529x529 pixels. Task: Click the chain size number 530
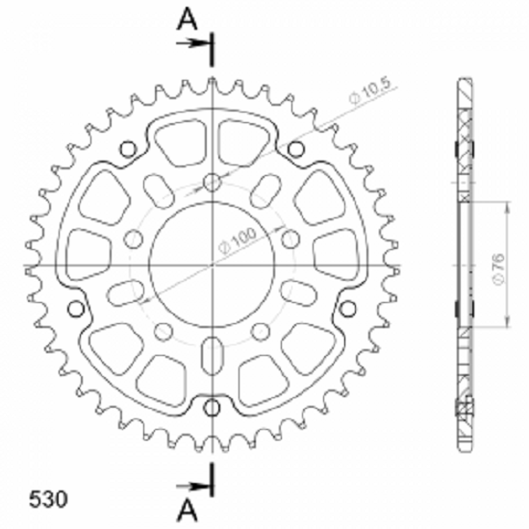coord(48,499)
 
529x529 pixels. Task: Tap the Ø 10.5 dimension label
coord(369,90)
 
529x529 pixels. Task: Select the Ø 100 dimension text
coord(238,239)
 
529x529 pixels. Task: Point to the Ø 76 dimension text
coord(499,269)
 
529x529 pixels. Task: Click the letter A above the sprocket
coord(188,18)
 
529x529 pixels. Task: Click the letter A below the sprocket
coord(188,511)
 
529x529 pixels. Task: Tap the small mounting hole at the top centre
coord(213,182)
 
